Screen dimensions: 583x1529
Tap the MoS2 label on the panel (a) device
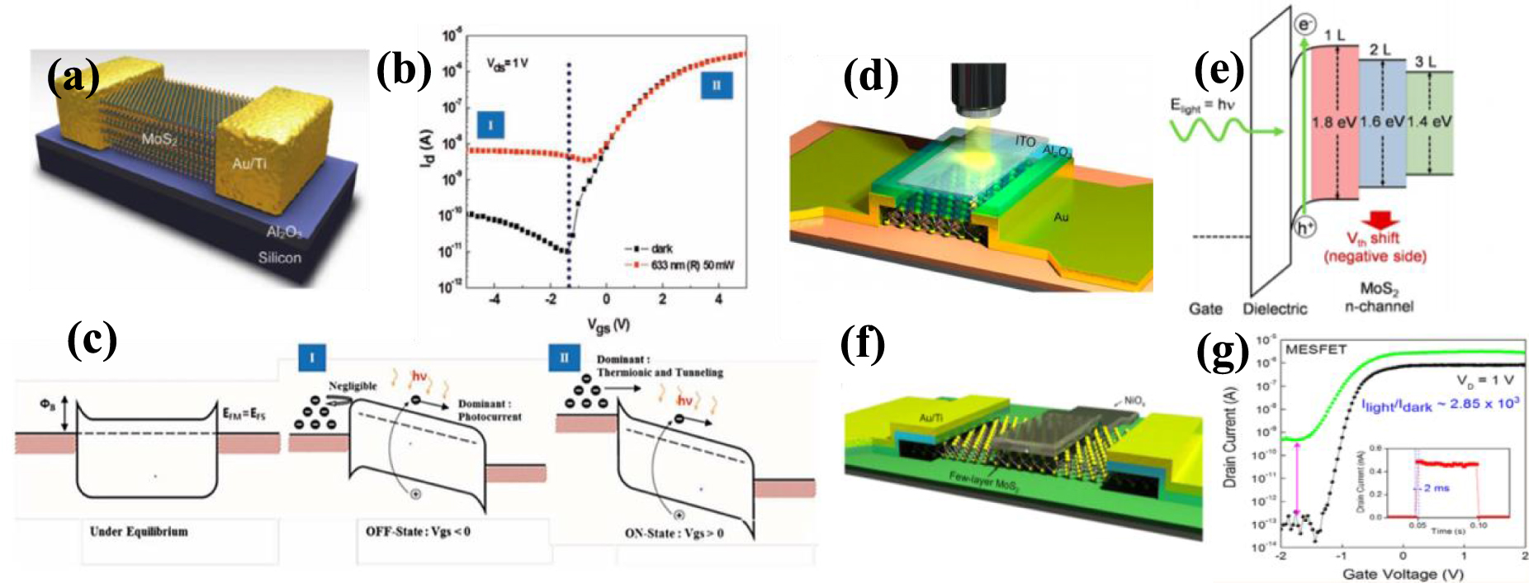click(x=159, y=139)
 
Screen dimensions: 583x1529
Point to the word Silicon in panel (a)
click(x=279, y=258)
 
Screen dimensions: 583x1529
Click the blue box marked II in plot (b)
click(x=717, y=85)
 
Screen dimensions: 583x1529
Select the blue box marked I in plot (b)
click(x=490, y=125)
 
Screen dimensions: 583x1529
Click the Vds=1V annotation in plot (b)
click(x=508, y=64)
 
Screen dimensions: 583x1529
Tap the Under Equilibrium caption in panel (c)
click(x=139, y=531)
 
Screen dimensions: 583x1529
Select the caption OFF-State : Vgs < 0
click(x=418, y=531)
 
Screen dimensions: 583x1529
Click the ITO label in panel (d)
click(x=1025, y=141)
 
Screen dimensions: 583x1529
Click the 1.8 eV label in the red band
click(x=1334, y=122)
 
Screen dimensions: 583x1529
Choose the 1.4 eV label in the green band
click(x=1430, y=122)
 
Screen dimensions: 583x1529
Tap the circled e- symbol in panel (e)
click(x=1305, y=25)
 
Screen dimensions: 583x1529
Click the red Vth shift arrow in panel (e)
click(x=1380, y=220)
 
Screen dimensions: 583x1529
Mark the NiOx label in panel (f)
click(x=1134, y=401)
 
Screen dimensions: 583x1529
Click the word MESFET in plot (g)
click(x=1315, y=349)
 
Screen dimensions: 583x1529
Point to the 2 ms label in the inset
click(x=1437, y=487)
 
